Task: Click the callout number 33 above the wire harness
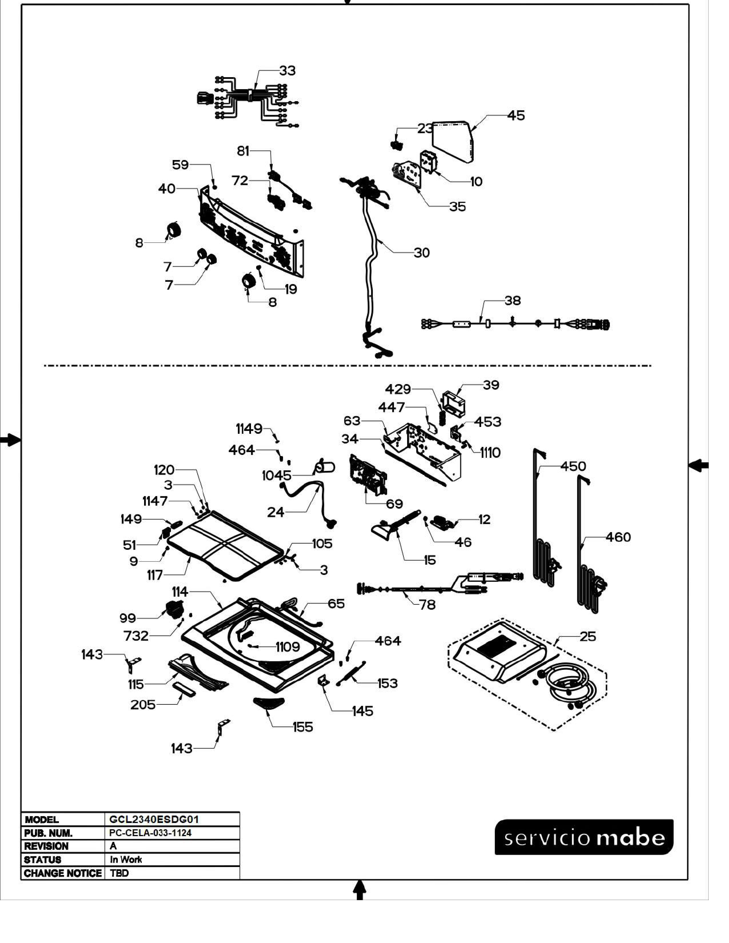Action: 287,70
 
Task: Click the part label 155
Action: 302,727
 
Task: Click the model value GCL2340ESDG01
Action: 154,820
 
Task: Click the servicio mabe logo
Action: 584,838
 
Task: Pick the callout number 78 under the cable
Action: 427,605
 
